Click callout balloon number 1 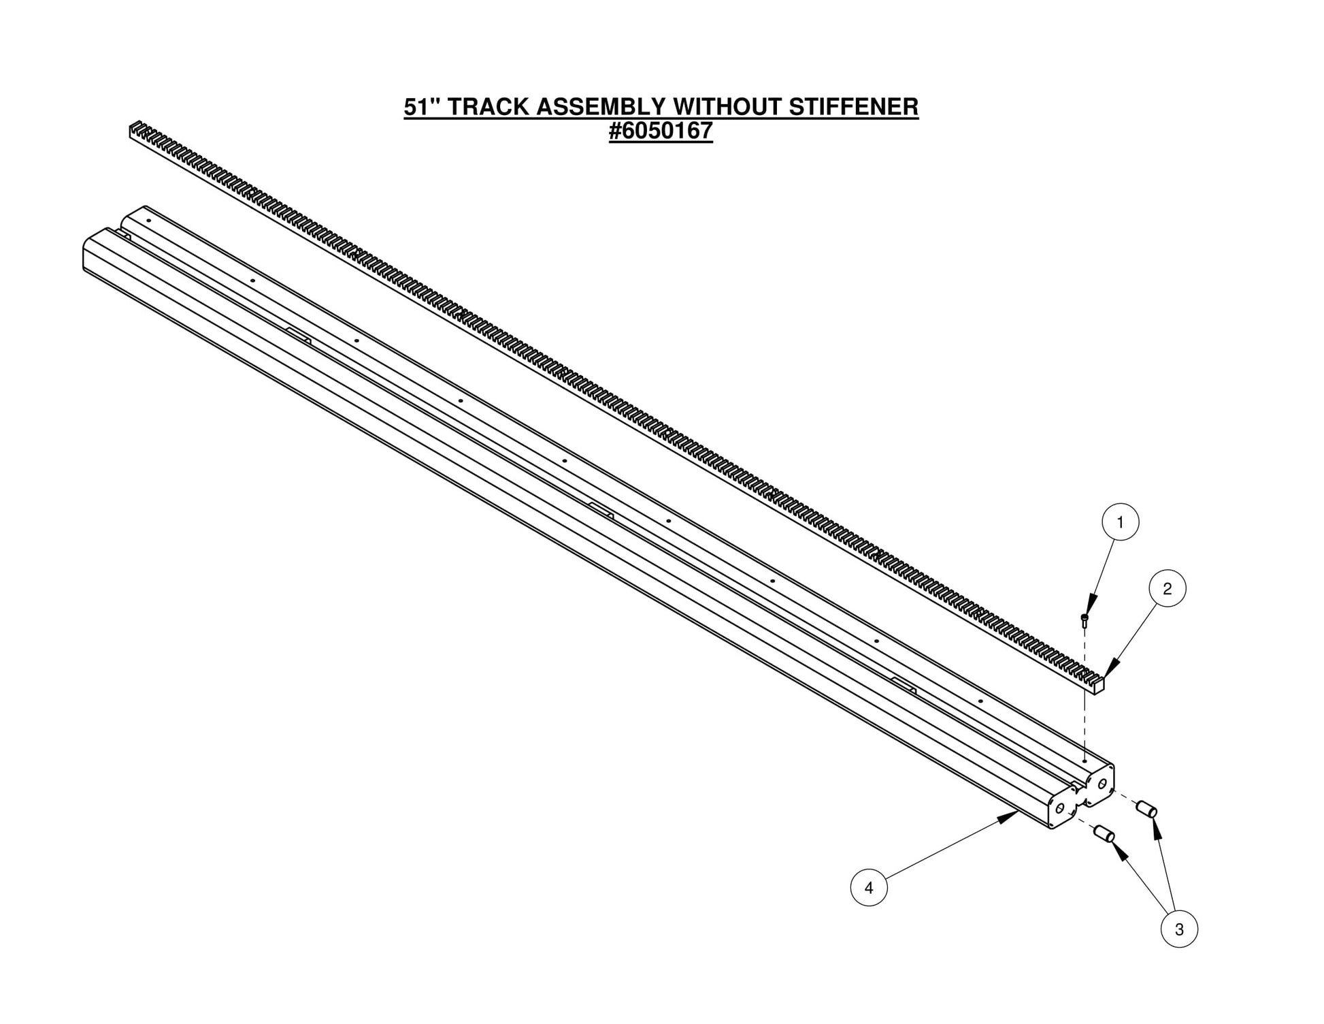pyautogui.click(x=1120, y=522)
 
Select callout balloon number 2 pyautogui.click(x=1168, y=589)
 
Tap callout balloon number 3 pyautogui.click(x=1179, y=929)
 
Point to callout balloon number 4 pyautogui.click(x=869, y=888)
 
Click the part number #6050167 pyautogui.click(x=661, y=131)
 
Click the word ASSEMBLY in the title pyautogui.click(x=601, y=107)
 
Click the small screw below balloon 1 pyautogui.click(x=1085, y=619)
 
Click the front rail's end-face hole pyautogui.click(x=1059, y=808)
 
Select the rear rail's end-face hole pyautogui.click(x=1102, y=784)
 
